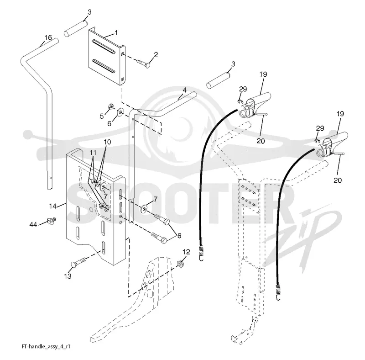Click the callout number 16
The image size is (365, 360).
pyautogui.click(x=48, y=37)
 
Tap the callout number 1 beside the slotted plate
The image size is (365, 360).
pyautogui.click(x=116, y=33)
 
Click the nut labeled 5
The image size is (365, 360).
pyautogui.click(x=111, y=107)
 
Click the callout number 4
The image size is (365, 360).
pyautogui.click(x=185, y=90)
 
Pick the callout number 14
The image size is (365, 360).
pyautogui.click(x=52, y=206)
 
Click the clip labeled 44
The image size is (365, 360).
pyautogui.click(x=52, y=220)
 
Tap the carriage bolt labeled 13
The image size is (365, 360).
pyautogui.click(x=78, y=262)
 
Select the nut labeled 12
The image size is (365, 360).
pyautogui.click(x=181, y=264)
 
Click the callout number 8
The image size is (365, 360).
pyautogui.click(x=179, y=236)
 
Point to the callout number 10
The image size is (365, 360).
pyautogui.click(x=107, y=142)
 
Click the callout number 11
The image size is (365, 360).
pyautogui.click(x=93, y=153)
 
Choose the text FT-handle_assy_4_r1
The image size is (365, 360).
pyautogui.click(x=46, y=346)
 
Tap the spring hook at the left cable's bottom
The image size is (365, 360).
pyautogui.click(x=201, y=253)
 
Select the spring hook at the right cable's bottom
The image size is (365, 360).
pyautogui.click(x=278, y=292)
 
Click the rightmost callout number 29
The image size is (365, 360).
pyautogui.click(x=320, y=128)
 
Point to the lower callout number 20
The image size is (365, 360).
pyautogui.click(x=338, y=180)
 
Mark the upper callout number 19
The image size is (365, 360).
pyautogui.click(x=263, y=74)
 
